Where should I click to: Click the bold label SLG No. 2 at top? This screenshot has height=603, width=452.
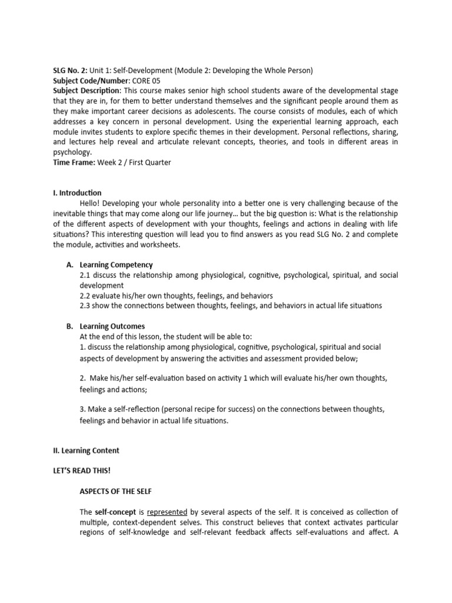click(x=70, y=70)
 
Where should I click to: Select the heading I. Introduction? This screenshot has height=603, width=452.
click(x=77, y=193)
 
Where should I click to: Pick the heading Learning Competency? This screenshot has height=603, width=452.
click(x=116, y=264)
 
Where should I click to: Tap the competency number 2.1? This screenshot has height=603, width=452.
click(x=85, y=275)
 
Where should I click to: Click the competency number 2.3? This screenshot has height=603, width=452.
click(x=85, y=306)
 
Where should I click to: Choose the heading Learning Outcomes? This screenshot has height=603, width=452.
click(x=112, y=326)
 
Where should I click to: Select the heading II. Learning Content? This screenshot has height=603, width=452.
click(x=86, y=450)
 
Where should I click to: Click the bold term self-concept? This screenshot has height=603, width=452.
click(x=114, y=512)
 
